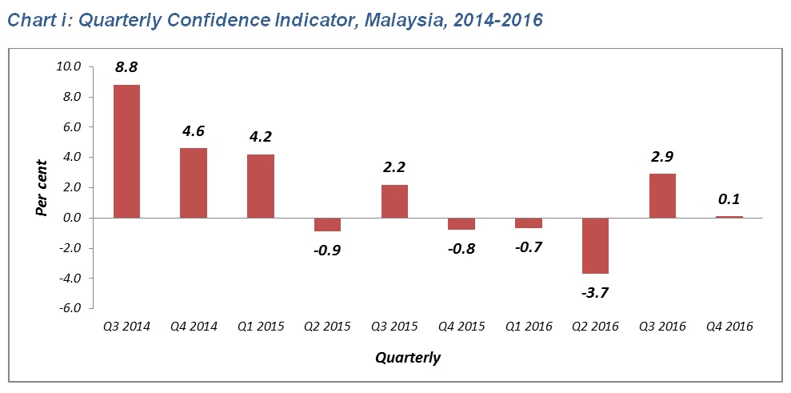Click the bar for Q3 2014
127,151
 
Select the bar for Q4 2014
194,182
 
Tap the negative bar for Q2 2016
596,246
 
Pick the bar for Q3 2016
662,195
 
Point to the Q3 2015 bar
395,201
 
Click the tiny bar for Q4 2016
729,217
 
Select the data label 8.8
127,68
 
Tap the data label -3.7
595,292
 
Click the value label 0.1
729,199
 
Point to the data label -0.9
327,249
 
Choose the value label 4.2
261,136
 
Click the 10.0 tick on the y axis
70,67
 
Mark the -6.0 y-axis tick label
69,308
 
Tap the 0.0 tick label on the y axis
71,218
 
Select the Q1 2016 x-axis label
528,326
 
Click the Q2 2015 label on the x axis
327,326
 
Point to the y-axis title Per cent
41,187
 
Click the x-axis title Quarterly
408,357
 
